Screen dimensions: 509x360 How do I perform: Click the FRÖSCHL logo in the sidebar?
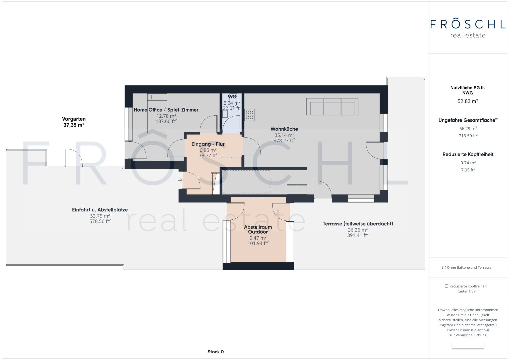pos(468,28)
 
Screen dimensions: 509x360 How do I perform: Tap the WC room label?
pos(232,97)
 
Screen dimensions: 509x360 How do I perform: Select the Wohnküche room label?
pos(284,129)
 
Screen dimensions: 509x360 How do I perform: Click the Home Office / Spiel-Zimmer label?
pos(166,110)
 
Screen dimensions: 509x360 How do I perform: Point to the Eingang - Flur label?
pos(208,144)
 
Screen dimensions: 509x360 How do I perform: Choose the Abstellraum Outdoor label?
pos(258,229)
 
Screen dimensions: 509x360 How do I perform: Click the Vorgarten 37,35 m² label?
pos(74,122)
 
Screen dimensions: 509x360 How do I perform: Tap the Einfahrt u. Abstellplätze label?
pos(100,210)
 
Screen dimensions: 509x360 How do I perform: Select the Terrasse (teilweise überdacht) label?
pos(358,224)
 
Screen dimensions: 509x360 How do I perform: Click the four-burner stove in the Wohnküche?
pos(250,115)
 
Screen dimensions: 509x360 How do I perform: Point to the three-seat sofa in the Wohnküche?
pos(332,107)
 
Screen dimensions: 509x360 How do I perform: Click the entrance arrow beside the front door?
pos(180,180)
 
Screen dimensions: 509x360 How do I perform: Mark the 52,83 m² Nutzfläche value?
pos(468,101)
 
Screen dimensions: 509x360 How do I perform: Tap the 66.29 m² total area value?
pos(468,128)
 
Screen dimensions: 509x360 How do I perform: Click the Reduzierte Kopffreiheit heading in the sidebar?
pos(468,154)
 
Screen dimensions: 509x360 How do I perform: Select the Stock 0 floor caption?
pos(215,352)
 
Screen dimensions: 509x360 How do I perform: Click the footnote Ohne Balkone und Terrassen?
pos(468,267)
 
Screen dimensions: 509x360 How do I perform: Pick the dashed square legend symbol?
pos(446,286)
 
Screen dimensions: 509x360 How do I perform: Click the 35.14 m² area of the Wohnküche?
pos(284,135)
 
